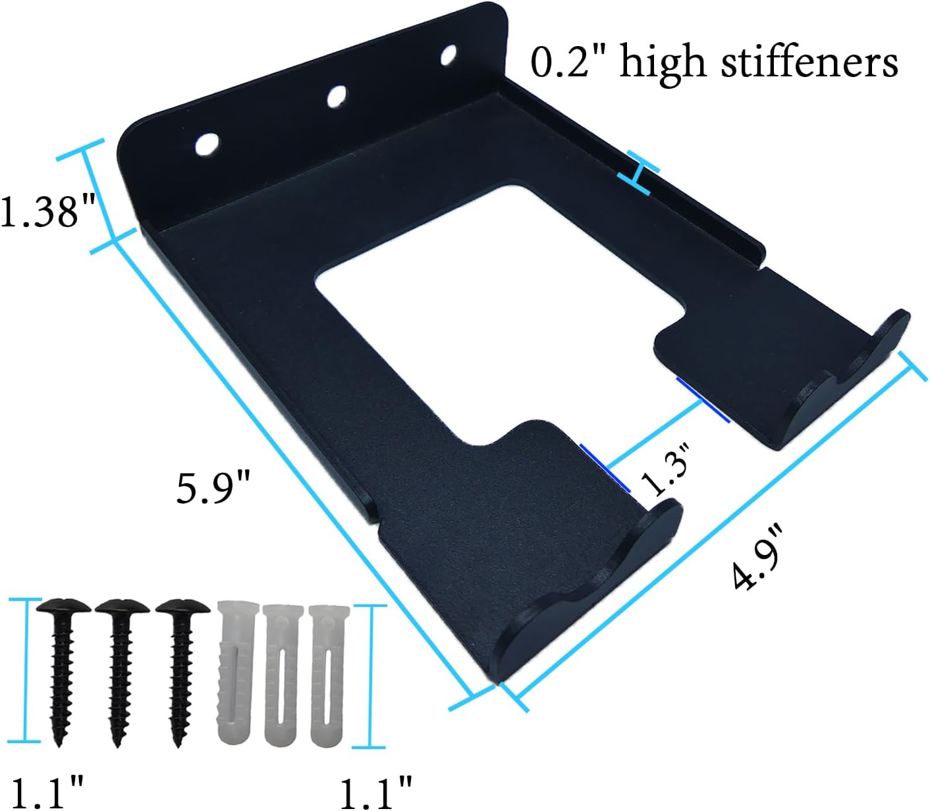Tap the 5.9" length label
(x=213, y=488)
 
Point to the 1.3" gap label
(x=667, y=469)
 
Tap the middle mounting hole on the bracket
(x=338, y=97)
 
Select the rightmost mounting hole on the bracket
(x=450, y=56)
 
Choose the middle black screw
(x=119, y=665)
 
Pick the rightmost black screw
(x=178, y=665)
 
